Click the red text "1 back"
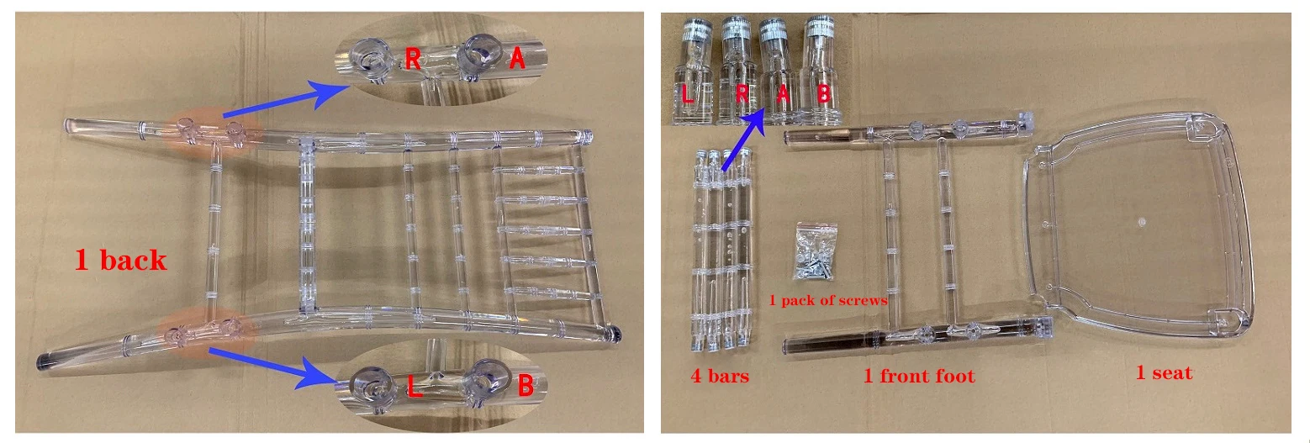coord(120,261)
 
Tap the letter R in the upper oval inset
coord(413,60)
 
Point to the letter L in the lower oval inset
coord(414,388)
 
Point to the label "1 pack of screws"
coord(829,299)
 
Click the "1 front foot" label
coord(919,376)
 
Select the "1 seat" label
coord(1163,372)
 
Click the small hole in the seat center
coord(1141,223)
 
